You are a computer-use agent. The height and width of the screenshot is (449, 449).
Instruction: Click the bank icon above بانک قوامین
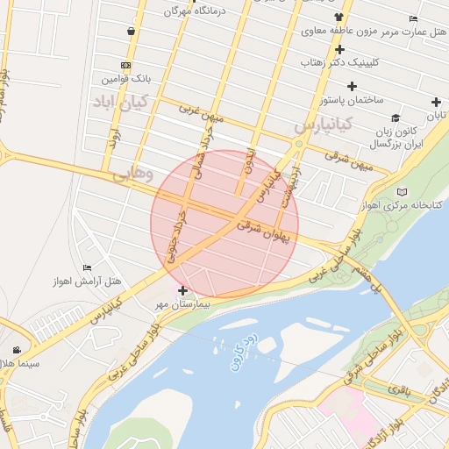(126, 65)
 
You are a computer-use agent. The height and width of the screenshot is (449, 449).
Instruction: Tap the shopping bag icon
(131, 32)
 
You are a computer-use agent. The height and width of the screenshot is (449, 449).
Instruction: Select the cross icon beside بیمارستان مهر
(182, 290)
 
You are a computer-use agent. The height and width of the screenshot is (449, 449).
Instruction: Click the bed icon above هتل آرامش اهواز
(86, 268)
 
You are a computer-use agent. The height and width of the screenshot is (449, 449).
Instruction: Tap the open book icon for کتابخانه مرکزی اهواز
(403, 191)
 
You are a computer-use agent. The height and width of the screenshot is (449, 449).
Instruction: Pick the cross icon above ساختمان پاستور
(352, 86)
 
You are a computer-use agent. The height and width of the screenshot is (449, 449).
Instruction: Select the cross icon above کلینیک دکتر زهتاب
(339, 49)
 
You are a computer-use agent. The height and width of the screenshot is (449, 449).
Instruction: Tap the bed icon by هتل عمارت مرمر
(413, 18)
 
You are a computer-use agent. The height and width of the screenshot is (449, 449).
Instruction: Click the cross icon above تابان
(436, 102)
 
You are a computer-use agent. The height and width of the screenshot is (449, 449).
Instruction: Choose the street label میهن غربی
(203, 114)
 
